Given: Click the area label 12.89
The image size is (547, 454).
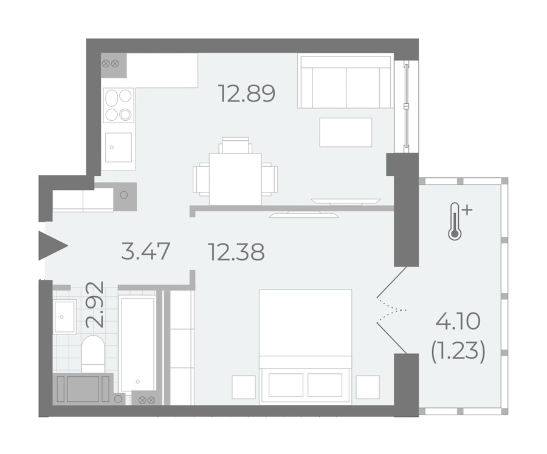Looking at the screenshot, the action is click(x=247, y=93).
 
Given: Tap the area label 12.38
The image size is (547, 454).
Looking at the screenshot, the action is click(x=236, y=252).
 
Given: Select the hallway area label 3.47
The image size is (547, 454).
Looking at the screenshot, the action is click(x=145, y=251).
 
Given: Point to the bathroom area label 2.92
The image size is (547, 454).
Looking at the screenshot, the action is click(x=95, y=304).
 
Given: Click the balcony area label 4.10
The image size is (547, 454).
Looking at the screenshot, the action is click(x=458, y=322).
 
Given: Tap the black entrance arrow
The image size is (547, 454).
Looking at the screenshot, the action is click(x=53, y=246).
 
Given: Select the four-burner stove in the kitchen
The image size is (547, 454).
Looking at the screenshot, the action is click(x=119, y=105).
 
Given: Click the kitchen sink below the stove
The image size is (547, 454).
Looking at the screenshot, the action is click(x=119, y=147).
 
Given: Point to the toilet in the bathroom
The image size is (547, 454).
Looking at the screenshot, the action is click(x=93, y=354).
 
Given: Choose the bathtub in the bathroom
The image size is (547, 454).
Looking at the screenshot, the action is click(x=137, y=344).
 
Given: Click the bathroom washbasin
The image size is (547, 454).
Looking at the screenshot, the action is click(x=64, y=316).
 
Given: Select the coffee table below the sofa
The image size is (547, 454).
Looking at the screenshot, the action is click(x=346, y=132).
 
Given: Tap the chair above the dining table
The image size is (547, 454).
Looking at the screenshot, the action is click(x=235, y=145).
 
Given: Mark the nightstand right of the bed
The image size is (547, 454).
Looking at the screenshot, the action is click(x=368, y=387).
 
